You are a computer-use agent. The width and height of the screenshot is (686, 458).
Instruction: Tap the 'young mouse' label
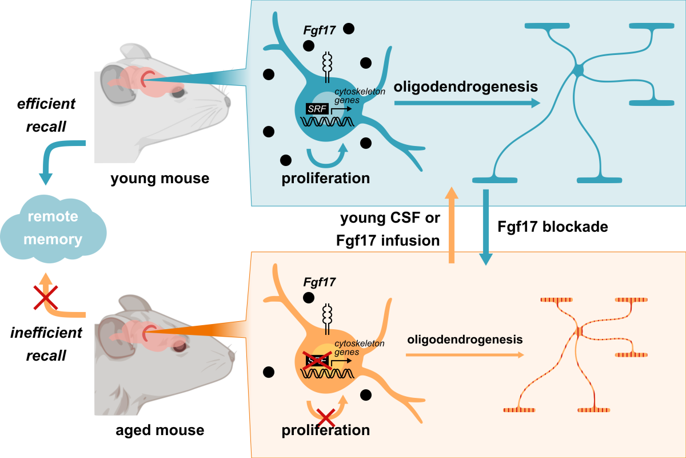[x=160, y=179]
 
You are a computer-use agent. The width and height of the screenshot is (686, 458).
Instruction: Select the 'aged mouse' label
[x=160, y=429]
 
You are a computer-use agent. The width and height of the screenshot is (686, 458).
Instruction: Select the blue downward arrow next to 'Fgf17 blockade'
[x=486, y=226]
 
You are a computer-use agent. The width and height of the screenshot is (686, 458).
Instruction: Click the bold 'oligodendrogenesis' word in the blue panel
[x=466, y=87]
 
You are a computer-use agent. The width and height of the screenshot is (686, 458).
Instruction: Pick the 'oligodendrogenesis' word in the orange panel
[x=465, y=339]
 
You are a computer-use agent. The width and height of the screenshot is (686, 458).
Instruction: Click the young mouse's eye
[x=178, y=90]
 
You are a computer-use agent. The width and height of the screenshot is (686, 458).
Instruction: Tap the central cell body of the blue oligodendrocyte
[x=578, y=70]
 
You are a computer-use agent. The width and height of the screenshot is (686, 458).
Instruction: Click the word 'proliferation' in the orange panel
[x=326, y=429]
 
